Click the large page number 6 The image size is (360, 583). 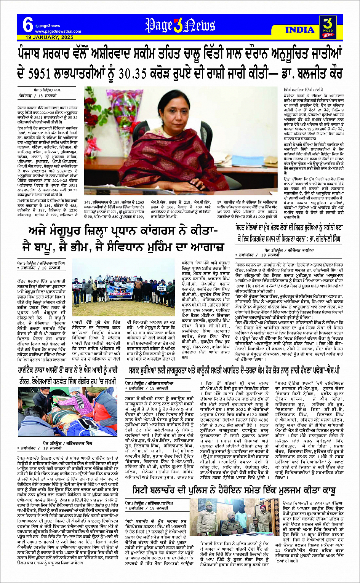pyautogui.click(x=27, y=26)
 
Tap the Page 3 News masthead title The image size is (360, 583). pyautogui.click(x=180, y=26)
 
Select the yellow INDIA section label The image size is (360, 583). pyautogui.click(x=299, y=30)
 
